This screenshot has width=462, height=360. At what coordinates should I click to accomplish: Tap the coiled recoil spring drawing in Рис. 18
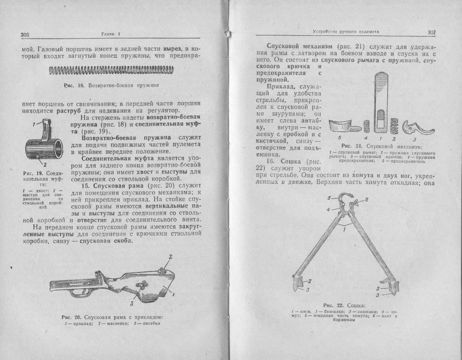(110, 70)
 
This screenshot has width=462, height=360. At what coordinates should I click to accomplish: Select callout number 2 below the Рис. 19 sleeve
(45, 164)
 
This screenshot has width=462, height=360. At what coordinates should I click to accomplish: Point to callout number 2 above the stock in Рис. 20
(170, 257)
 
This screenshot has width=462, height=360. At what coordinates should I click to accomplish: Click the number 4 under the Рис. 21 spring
(366, 138)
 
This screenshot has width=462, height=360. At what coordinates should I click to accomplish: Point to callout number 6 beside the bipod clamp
(367, 199)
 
